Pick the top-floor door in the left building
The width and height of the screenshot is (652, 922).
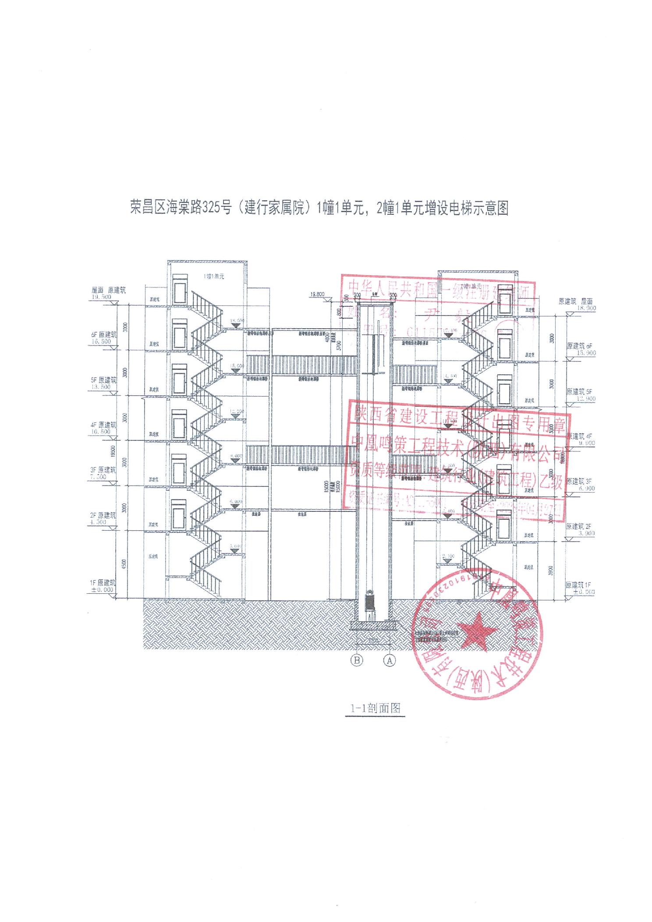click(x=179, y=290)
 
